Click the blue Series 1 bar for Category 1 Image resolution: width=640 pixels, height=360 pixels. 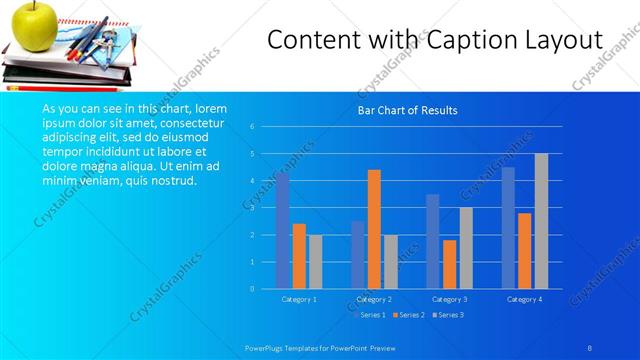(x=283, y=231)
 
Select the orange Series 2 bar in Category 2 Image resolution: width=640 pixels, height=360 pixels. (x=374, y=229)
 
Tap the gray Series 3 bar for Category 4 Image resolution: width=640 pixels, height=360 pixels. (x=541, y=221)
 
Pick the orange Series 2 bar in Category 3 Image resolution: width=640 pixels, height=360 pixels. (x=449, y=264)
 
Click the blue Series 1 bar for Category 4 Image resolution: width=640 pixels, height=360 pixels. (x=508, y=228)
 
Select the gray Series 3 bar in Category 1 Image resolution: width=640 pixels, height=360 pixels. (x=315, y=262)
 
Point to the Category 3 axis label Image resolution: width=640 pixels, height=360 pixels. (x=449, y=299)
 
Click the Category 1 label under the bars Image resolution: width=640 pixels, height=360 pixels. (x=299, y=299)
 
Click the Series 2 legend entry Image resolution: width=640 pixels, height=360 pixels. (x=408, y=315)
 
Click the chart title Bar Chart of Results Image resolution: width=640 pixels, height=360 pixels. (x=407, y=110)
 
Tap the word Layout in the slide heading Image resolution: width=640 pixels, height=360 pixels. (x=564, y=41)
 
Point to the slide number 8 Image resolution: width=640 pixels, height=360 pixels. (x=589, y=345)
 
